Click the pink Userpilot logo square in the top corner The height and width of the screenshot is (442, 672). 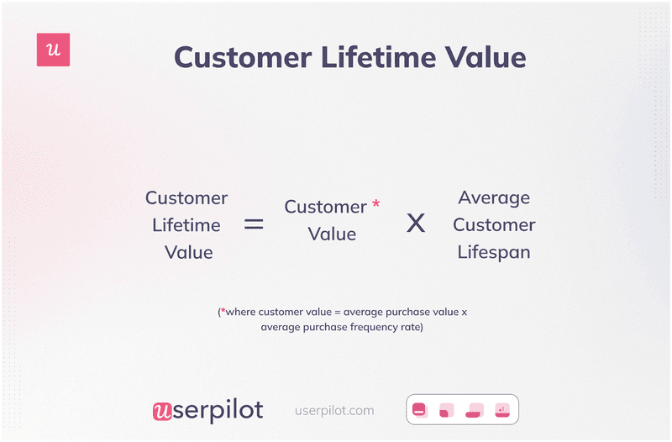click(54, 50)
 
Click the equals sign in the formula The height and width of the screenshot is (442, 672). click(254, 224)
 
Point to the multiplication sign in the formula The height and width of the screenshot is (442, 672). click(416, 224)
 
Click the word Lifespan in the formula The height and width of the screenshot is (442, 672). click(494, 252)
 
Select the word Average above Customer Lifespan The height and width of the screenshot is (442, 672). click(494, 198)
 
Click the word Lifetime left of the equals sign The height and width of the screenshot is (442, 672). click(186, 225)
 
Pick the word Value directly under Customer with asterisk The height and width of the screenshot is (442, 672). click(332, 234)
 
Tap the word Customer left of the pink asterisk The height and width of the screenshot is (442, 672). click(325, 207)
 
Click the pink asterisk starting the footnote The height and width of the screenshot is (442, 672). click(222, 312)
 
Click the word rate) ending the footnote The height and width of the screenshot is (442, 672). click(412, 327)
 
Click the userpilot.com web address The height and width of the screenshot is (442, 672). click(334, 411)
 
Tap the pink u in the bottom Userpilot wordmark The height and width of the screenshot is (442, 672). click(162, 411)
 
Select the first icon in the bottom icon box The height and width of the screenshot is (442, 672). click(420, 410)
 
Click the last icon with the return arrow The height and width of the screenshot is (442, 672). click(501, 410)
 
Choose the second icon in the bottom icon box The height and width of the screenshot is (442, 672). click(447, 410)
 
